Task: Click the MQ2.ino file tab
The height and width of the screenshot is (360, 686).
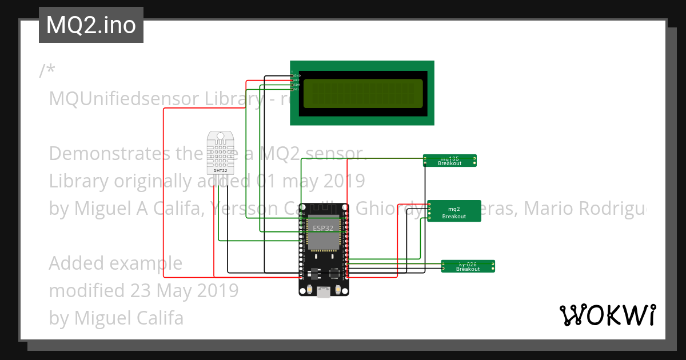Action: [91, 26]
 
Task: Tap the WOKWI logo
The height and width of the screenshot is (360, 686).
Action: [607, 315]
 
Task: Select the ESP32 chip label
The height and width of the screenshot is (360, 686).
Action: [323, 228]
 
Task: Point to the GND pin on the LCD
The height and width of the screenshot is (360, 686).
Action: [292, 75]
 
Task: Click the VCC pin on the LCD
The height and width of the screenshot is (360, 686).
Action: [292, 80]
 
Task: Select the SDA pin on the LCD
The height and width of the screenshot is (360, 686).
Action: [292, 85]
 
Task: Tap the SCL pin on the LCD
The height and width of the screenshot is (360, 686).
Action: [292, 89]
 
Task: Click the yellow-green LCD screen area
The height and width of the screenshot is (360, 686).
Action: [363, 93]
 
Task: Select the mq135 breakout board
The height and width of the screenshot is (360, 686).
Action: [450, 161]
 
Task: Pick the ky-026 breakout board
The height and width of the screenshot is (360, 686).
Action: [468, 266]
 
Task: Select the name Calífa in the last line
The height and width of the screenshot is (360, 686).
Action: [158, 318]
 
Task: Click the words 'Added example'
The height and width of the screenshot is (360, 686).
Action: [115, 263]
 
